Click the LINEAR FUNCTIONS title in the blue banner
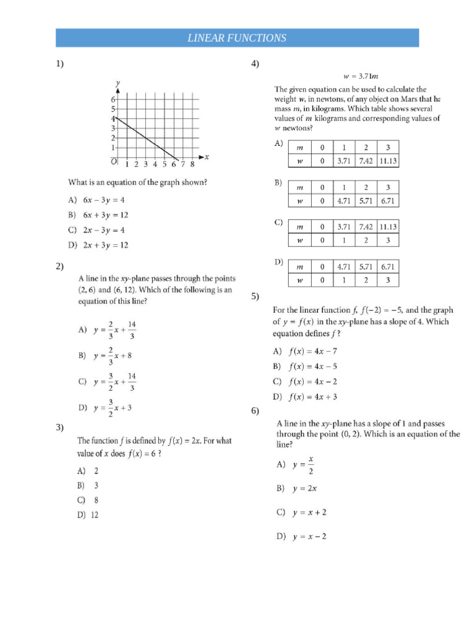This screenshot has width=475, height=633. [237, 38]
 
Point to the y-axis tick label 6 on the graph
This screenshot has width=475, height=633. [113, 100]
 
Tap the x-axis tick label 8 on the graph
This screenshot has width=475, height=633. [192, 164]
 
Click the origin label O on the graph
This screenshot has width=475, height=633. [114, 162]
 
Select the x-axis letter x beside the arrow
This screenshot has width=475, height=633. [207, 157]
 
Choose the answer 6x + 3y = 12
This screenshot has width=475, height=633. [106, 215]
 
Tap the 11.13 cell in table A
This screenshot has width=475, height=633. [388, 161]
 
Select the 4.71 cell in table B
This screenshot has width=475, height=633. [344, 201]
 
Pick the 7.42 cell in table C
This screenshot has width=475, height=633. [366, 227]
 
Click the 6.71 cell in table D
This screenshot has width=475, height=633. [388, 267]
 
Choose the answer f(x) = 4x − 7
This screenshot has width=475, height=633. [313, 351]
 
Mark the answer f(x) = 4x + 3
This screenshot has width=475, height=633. [313, 397]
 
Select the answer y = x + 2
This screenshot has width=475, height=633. [309, 512]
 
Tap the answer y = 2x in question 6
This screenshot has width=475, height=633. [305, 488]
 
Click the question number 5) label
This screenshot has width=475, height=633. [255, 297]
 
